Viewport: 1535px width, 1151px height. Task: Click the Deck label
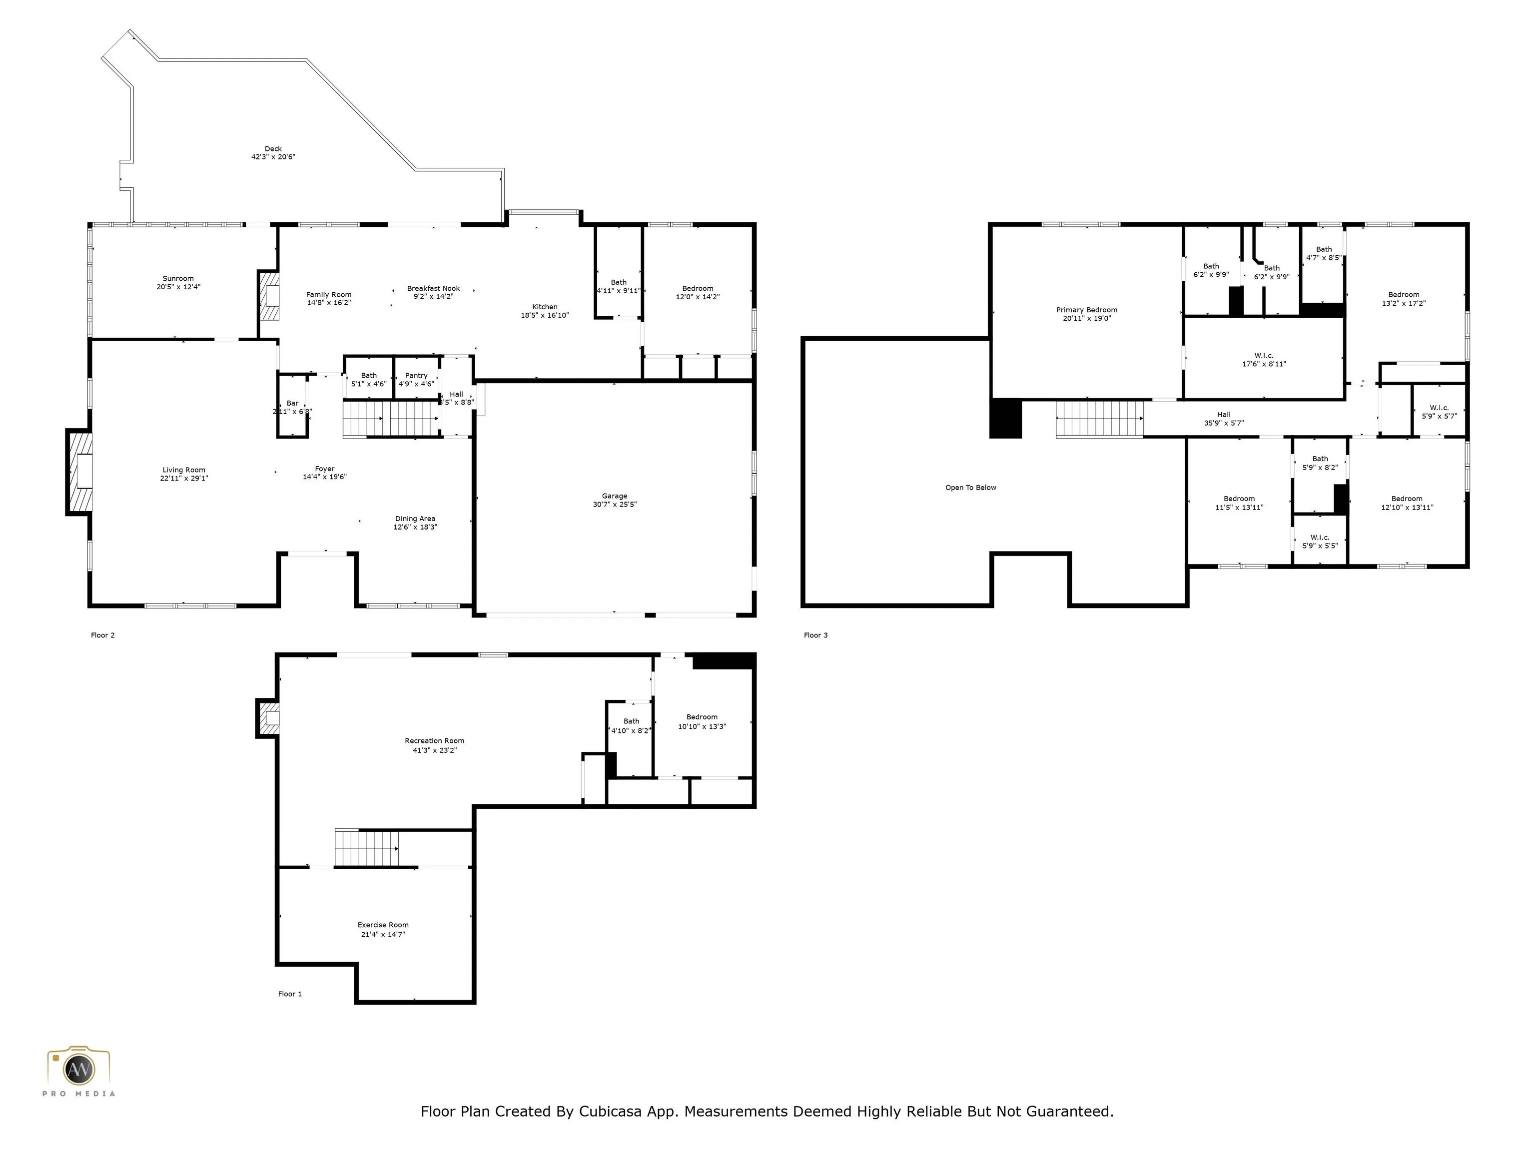point(273,148)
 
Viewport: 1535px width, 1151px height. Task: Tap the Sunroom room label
point(178,278)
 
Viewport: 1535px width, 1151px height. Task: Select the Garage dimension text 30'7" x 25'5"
point(615,505)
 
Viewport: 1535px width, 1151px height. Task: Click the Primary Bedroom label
point(1087,310)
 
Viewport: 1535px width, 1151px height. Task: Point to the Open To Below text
point(971,488)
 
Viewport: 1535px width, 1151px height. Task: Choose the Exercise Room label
point(383,925)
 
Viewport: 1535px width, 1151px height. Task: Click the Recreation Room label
point(434,741)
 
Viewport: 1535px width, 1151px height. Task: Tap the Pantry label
point(416,375)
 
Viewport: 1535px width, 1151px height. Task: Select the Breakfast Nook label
point(434,288)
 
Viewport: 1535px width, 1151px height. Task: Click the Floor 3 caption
point(816,635)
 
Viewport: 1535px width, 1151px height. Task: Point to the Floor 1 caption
point(290,994)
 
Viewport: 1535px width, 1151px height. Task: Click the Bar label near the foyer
point(293,403)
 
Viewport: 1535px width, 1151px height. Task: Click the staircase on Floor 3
point(1100,419)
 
